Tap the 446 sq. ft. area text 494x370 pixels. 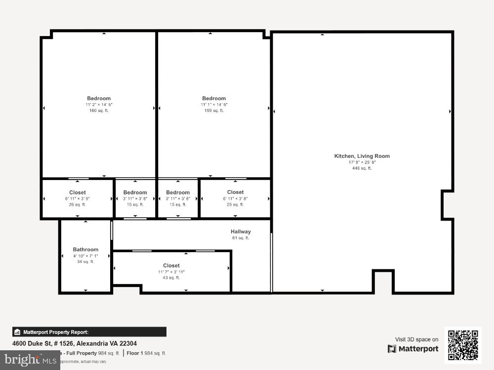(x=362, y=168)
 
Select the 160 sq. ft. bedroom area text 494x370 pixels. (x=99, y=111)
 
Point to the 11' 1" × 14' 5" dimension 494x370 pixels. (x=214, y=105)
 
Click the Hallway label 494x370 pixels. (x=241, y=231)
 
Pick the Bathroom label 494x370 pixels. (x=85, y=249)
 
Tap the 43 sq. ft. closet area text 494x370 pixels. (x=171, y=278)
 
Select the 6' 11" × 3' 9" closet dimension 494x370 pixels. (x=77, y=198)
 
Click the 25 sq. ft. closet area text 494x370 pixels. (x=235, y=204)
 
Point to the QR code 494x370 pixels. (x=463, y=345)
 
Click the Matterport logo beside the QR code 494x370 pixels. (x=413, y=349)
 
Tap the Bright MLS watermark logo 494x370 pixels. (x=30, y=360)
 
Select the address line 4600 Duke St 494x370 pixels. (x=75, y=343)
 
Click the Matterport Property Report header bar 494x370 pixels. (x=89, y=332)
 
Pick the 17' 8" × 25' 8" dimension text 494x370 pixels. (x=362, y=162)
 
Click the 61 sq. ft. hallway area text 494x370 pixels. (x=241, y=238)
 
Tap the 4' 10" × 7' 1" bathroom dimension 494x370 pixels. (x=85, y=256)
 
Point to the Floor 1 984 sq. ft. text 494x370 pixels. (x=147, y=353)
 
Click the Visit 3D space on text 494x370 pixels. (x=416, y=339)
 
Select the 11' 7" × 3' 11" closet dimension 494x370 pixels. (x=171, y=272)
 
